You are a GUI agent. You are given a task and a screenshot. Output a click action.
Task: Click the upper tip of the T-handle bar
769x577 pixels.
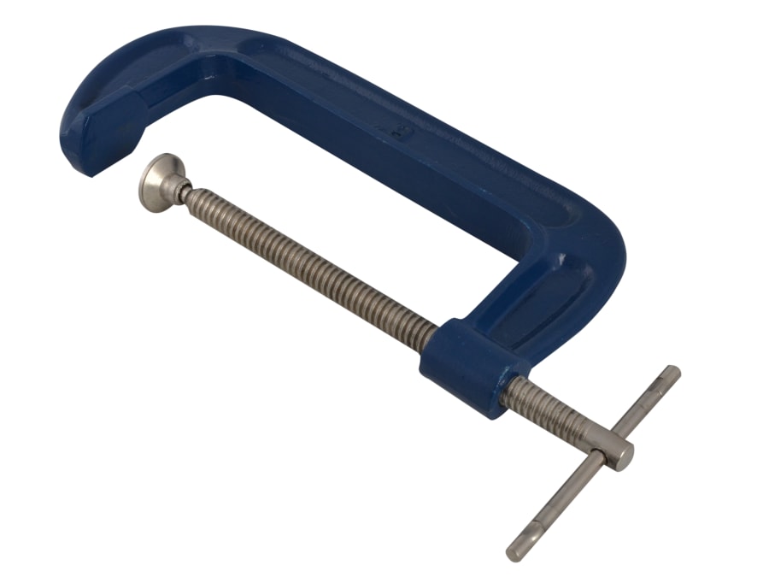pos(672,374)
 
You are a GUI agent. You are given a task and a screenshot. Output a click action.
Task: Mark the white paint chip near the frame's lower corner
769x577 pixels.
pos(565,257)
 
